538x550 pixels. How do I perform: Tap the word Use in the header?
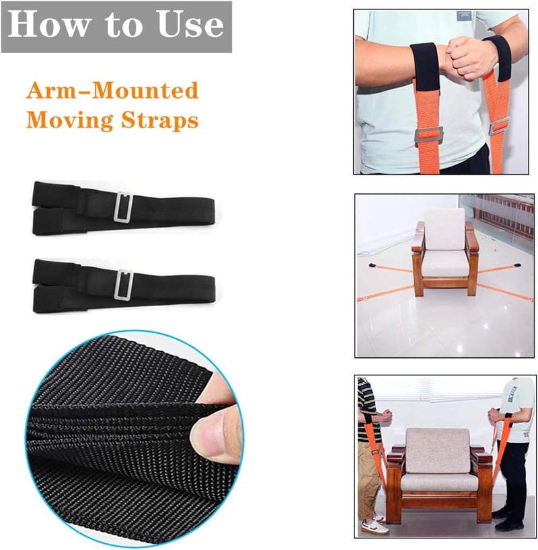coord(191,25)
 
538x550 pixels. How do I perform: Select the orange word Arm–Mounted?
coord(112,91)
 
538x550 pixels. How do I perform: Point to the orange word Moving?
coord(69,120)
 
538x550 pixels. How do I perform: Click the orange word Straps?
coord(160,120)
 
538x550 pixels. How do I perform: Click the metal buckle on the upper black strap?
coord(123,207)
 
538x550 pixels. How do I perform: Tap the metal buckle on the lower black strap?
coord(123,285)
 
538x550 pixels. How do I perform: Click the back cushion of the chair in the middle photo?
coord(445,230)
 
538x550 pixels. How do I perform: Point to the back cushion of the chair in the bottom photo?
coord(438,451)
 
